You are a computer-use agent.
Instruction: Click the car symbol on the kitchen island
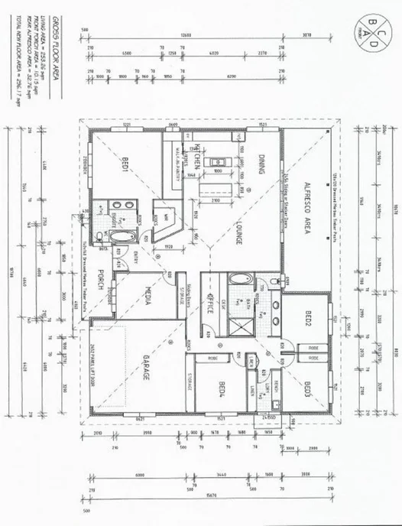[x=218, y=162]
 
